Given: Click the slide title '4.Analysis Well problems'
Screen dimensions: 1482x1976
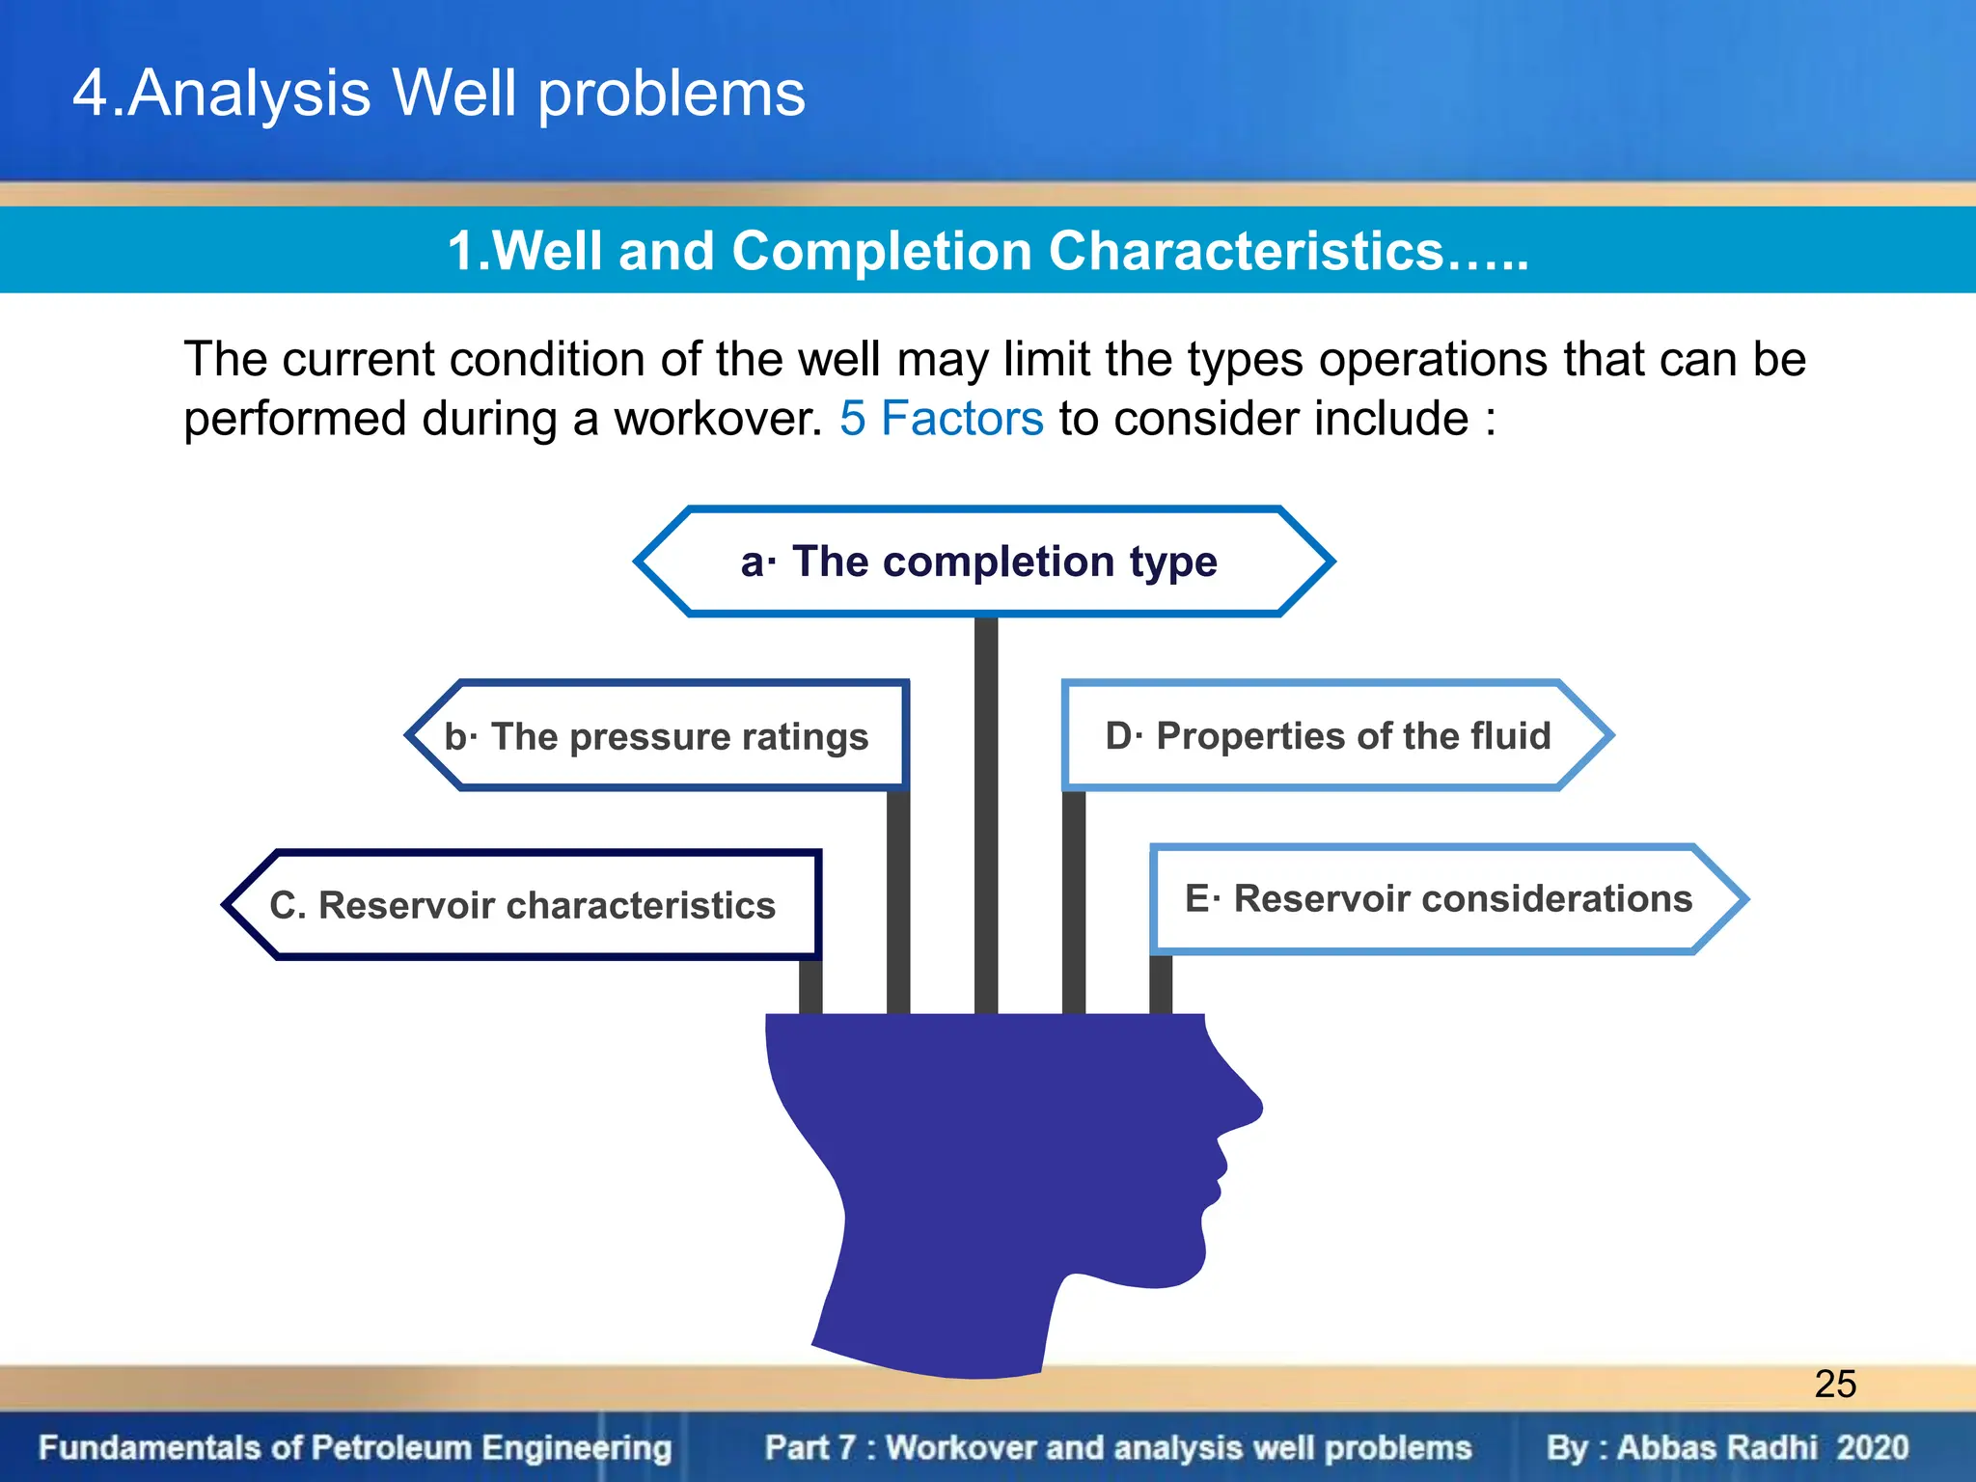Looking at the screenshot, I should [439, 94].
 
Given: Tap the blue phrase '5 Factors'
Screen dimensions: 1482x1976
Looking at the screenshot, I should [941, 419].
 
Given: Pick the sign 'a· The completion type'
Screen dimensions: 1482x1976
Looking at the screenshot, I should [979, 562].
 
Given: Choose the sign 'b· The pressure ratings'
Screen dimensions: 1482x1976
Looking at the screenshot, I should [656, 736].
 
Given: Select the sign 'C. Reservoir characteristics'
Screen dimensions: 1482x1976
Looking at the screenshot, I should [522, 905].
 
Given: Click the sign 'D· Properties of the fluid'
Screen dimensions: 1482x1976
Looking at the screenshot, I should [1328, 736].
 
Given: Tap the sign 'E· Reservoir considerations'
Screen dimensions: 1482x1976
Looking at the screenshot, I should [1438, 898].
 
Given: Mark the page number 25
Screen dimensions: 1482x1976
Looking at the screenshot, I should [1835, 1384].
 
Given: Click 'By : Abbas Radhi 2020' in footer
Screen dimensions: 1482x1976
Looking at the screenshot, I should [1727, 1447].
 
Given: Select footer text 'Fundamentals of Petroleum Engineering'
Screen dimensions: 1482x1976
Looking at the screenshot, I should [355, 1447].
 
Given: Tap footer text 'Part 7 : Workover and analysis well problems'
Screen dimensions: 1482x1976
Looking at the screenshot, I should [1117, 1447].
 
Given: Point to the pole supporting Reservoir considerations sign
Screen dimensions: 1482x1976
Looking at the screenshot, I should [1161, 984].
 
